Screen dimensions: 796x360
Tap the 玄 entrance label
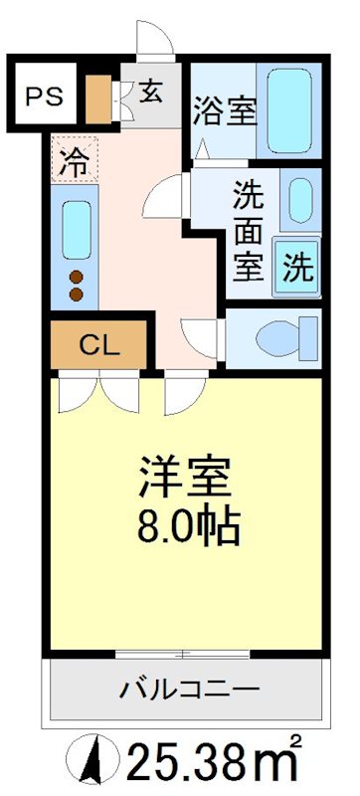coord(151,92)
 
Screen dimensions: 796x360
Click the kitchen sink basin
coord(76,229)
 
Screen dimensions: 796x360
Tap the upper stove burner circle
coord(75,277)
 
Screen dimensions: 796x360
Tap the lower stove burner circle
coord(75,294)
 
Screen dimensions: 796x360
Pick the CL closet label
coord(99,346)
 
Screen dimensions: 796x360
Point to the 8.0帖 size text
coord(186,524)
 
